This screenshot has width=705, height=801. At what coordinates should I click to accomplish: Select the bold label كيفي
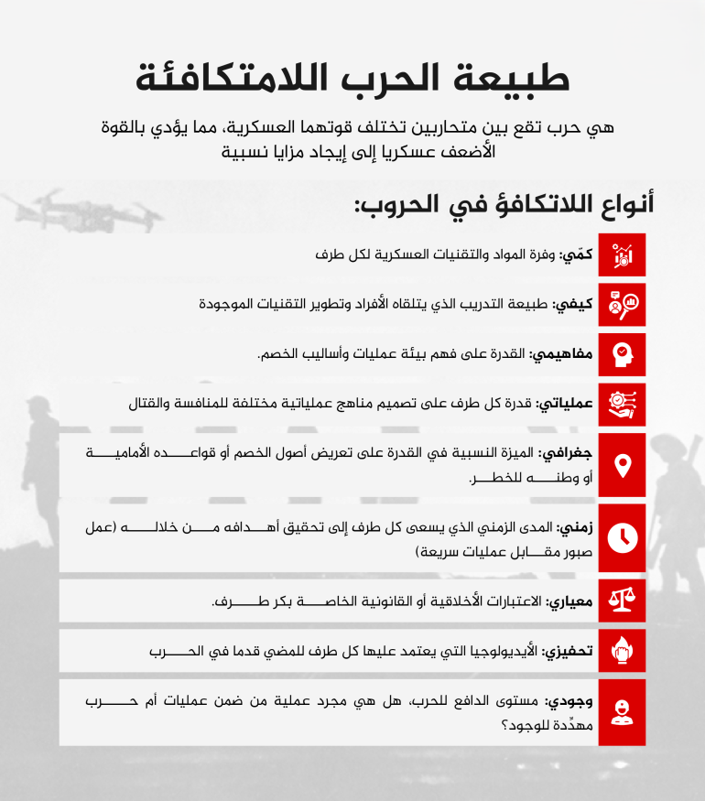(573, 303)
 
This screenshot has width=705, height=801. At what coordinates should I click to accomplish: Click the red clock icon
(623, 537)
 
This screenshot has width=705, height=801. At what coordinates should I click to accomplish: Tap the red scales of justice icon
(623, 601)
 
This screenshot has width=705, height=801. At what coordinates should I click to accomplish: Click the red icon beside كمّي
(623, 254)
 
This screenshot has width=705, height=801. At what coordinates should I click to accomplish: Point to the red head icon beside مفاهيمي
(623, 353)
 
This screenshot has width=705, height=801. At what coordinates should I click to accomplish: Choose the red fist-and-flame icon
(623, 651)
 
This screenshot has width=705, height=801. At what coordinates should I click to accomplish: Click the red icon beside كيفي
(623, 304)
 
